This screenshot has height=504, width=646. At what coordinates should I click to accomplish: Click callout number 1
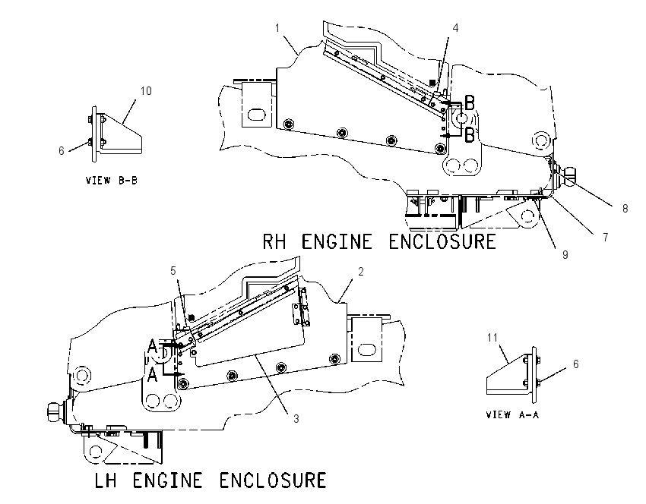pos(277,28)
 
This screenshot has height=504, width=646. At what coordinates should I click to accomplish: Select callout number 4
pos(455,27)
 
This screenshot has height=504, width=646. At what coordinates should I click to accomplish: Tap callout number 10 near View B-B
pos(146,90)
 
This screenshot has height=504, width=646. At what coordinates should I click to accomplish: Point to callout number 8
pos(625,209)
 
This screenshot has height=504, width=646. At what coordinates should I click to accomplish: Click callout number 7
pos(605,238)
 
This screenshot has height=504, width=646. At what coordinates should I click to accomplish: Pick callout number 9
pos(565,255)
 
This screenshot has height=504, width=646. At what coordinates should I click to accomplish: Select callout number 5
pos(173,271)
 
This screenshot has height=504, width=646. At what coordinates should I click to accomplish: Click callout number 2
pos(361,272)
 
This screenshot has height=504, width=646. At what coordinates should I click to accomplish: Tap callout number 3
pos(296,419)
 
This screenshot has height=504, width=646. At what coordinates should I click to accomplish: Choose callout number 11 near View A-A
pos(492,338)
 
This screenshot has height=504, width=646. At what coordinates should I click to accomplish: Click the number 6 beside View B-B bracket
pos(62,151)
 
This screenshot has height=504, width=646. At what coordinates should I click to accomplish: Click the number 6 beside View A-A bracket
pos(575,364)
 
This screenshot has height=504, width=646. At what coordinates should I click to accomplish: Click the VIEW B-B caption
pos(111,180)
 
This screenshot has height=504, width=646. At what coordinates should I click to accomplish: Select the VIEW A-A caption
pos(512,414)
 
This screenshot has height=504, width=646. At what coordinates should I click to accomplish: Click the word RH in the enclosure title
pos(274,241)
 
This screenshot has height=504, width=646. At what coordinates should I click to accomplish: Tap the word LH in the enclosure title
pos(106,480)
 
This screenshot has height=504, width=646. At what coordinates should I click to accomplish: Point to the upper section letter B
pos(469,103)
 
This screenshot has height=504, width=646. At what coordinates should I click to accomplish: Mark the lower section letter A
pos(153,375)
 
